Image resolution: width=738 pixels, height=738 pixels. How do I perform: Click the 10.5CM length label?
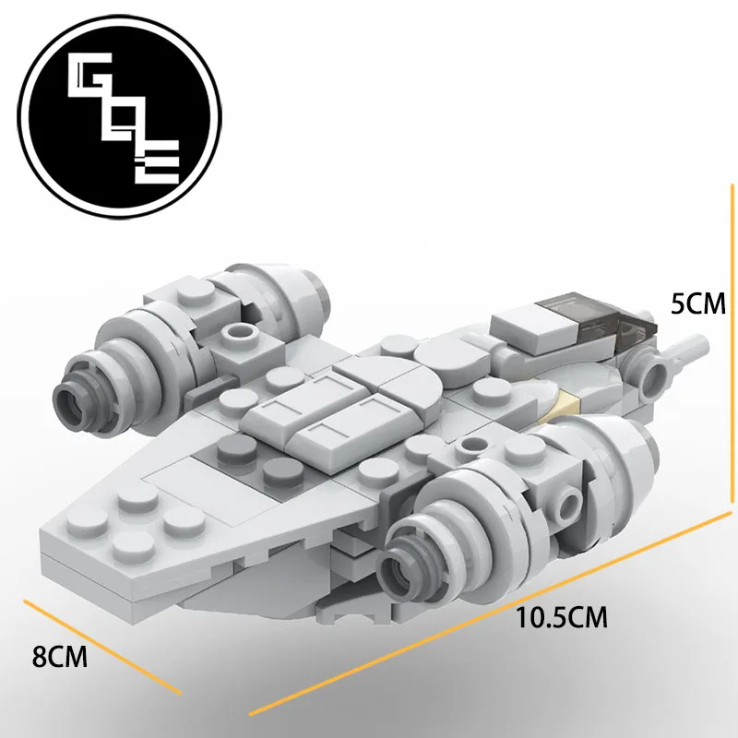pyautogui.click(x=562, y=616)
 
